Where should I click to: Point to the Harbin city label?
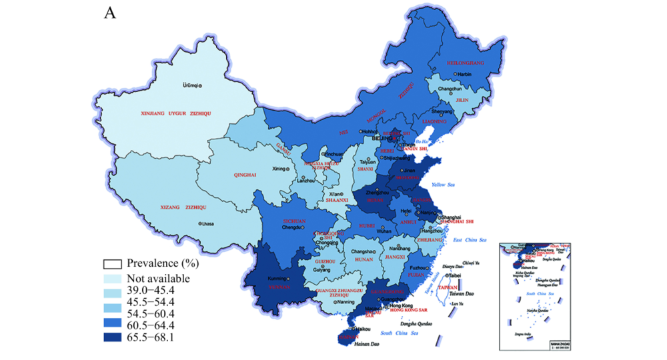click(464, 74)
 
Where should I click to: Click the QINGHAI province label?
click(245, 175)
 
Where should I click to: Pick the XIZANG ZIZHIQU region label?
click(184, 207)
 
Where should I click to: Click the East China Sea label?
click(470, 240)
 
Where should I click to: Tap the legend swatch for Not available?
click(112, 279)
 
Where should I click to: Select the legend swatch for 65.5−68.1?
click(112, 337)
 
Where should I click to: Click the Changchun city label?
click(450, 89)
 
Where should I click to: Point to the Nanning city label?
click(346, 302)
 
